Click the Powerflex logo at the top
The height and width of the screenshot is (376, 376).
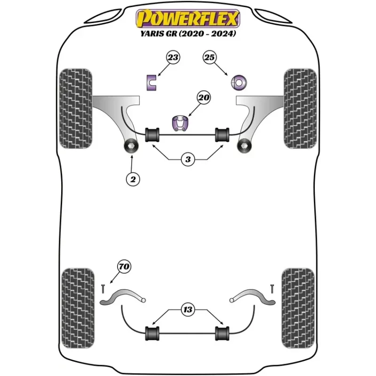tap(188, 18)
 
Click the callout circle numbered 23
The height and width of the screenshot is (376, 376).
tap(173, 57)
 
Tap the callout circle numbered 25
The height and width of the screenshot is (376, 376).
tap(209, 57)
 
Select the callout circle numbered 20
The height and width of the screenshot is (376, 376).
tap(204, 98)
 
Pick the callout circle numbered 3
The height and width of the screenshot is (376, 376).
tap(188, 159)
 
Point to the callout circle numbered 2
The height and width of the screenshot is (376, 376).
tap(133, 179)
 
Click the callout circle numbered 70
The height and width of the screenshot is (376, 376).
tap(124, 266)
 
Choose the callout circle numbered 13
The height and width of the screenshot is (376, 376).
tap(188, 309)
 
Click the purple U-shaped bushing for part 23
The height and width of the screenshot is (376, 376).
tap(151, 83)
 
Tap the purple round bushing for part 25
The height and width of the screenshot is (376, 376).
tap(239, 83)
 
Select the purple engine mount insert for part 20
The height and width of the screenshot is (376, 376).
tap(180, 123)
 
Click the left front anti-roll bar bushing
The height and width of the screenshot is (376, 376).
tap(152, 135)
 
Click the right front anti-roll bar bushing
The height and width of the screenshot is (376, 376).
tap(222, 135)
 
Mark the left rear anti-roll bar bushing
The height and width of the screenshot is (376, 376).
tap(152, 333)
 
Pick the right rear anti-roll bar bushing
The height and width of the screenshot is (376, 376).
tap(222, 333)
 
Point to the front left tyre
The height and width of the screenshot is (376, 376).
tap(76, 109)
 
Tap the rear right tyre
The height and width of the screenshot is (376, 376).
tap(298, 308)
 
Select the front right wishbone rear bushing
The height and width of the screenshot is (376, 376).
tap(244, 146)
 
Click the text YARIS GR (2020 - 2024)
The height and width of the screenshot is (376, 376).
tap(188, 33)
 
